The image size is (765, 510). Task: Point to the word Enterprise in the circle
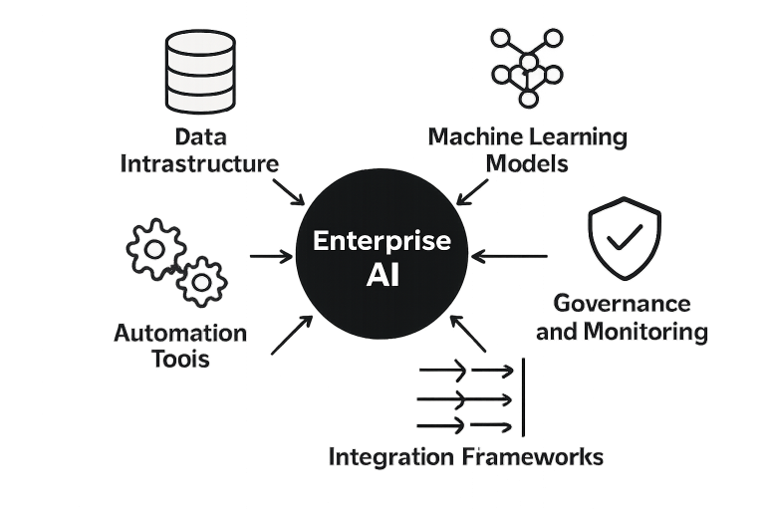[x=382, y=242]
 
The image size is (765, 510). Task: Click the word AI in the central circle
[x=382, y=276]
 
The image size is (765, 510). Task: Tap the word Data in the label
[x=199, y=137]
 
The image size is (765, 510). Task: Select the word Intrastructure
[x=199, y=163]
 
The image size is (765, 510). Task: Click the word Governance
[x=622, y=304]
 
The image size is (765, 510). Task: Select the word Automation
[x=180, y=333]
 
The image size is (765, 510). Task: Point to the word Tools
[x=180, y=359]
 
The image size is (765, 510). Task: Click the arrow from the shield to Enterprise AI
[x=507, y=256]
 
